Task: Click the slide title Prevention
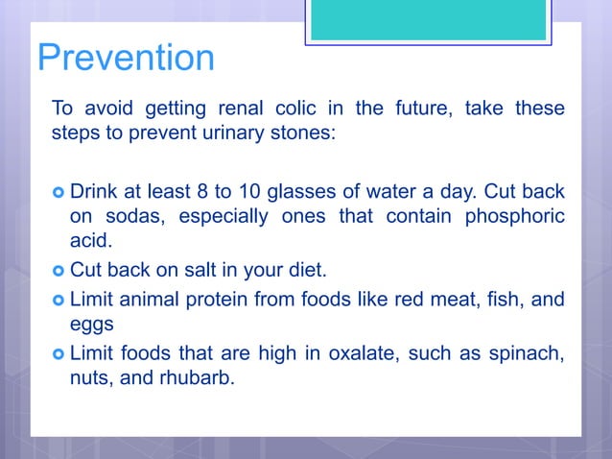[x=125, y=58]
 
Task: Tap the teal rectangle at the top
[x=428, y=20]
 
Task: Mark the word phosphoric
[x=515, y=216]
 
